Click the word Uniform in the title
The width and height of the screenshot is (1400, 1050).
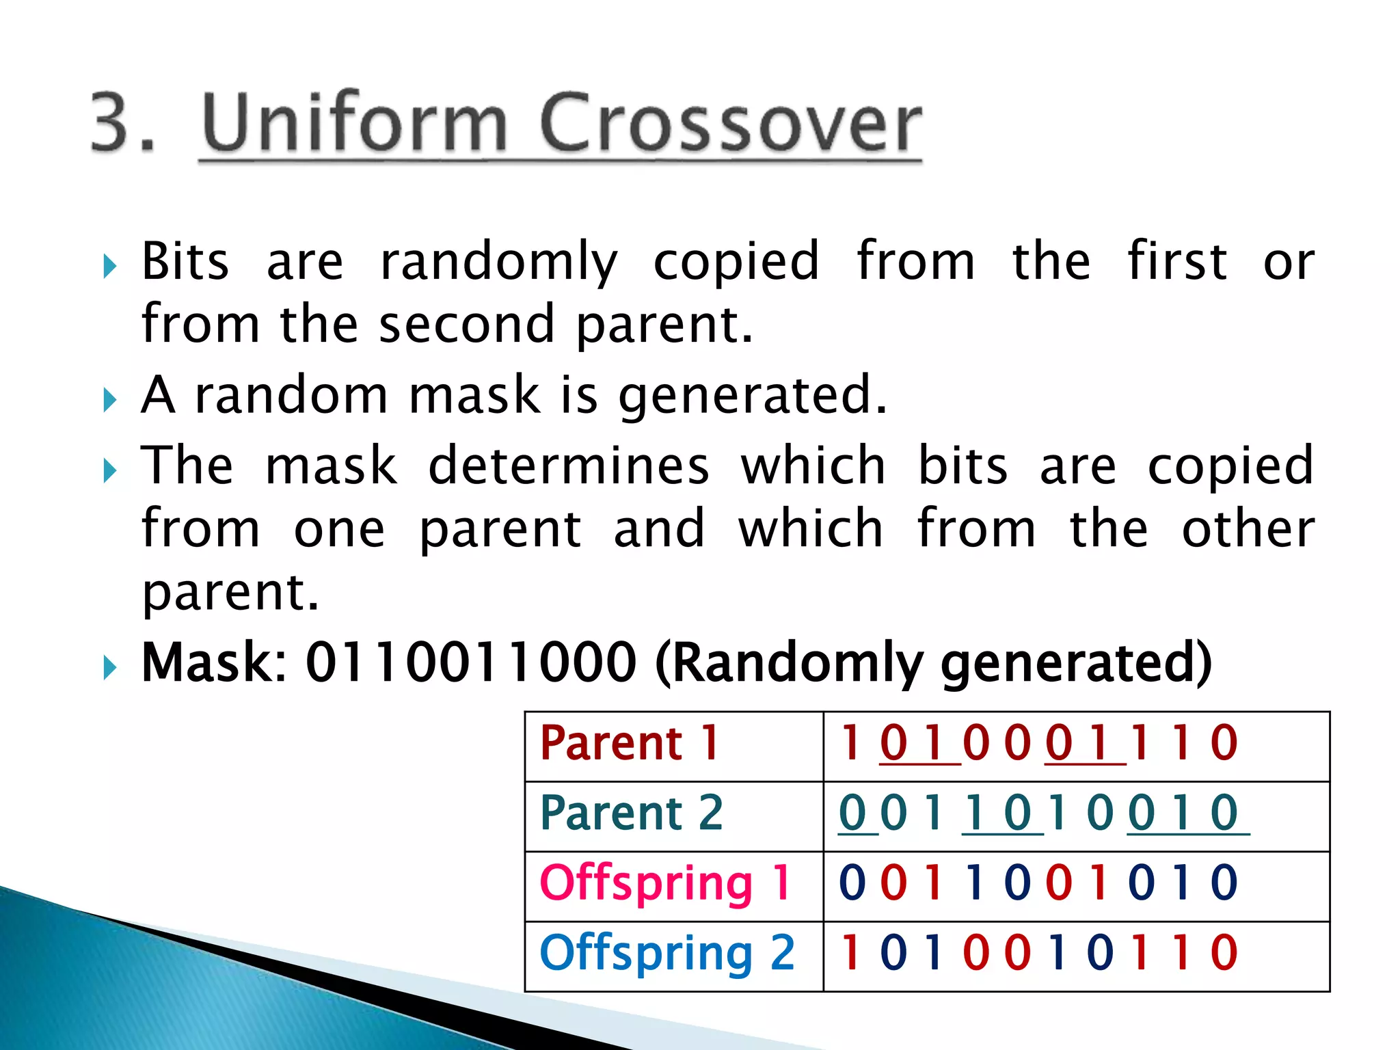click(354, 123)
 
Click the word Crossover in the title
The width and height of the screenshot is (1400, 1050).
click(730, 123)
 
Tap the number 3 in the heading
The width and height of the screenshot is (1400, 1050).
click(113, 123)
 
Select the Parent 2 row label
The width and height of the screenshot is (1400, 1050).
click(631, 813)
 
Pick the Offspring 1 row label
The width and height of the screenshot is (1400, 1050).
click(665, 883)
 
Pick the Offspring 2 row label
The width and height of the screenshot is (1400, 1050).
click(667, 954)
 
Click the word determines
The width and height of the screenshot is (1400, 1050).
click(568, 466)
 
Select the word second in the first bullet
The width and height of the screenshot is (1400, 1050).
click(466, 325)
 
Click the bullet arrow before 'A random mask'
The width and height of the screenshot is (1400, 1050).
click(110, 399)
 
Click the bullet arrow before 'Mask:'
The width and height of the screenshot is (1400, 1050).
click(110, 667)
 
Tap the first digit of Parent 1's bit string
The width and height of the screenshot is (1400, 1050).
click(850, 743)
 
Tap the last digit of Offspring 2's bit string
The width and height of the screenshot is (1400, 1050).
click(1224, 953)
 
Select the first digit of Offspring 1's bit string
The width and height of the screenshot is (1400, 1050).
click(852, 883)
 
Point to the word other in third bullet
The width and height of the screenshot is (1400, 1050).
click(1248, 530)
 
